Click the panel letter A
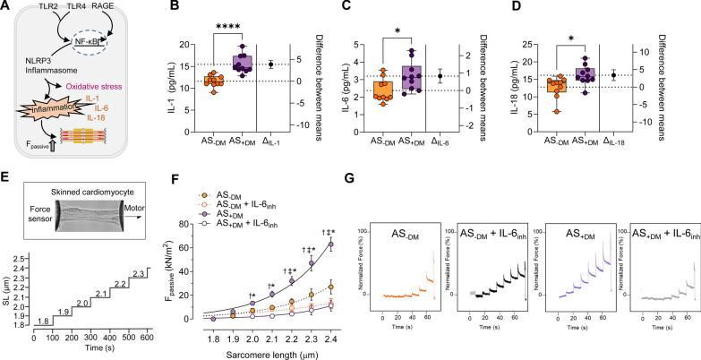point(7,8)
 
